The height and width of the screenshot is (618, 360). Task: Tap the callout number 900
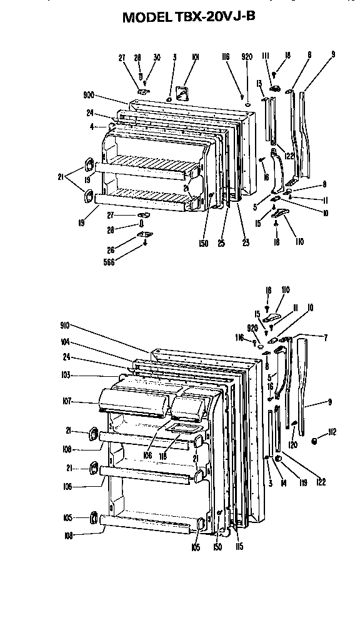click(88, 96)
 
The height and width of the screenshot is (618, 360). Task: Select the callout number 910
click(65, 325)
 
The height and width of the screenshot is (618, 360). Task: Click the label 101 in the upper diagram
click(195, 57)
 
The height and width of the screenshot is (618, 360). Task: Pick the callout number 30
click(156, 57)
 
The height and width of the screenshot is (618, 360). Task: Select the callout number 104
click(65, 342)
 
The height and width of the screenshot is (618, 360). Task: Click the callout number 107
click(65, 401)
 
